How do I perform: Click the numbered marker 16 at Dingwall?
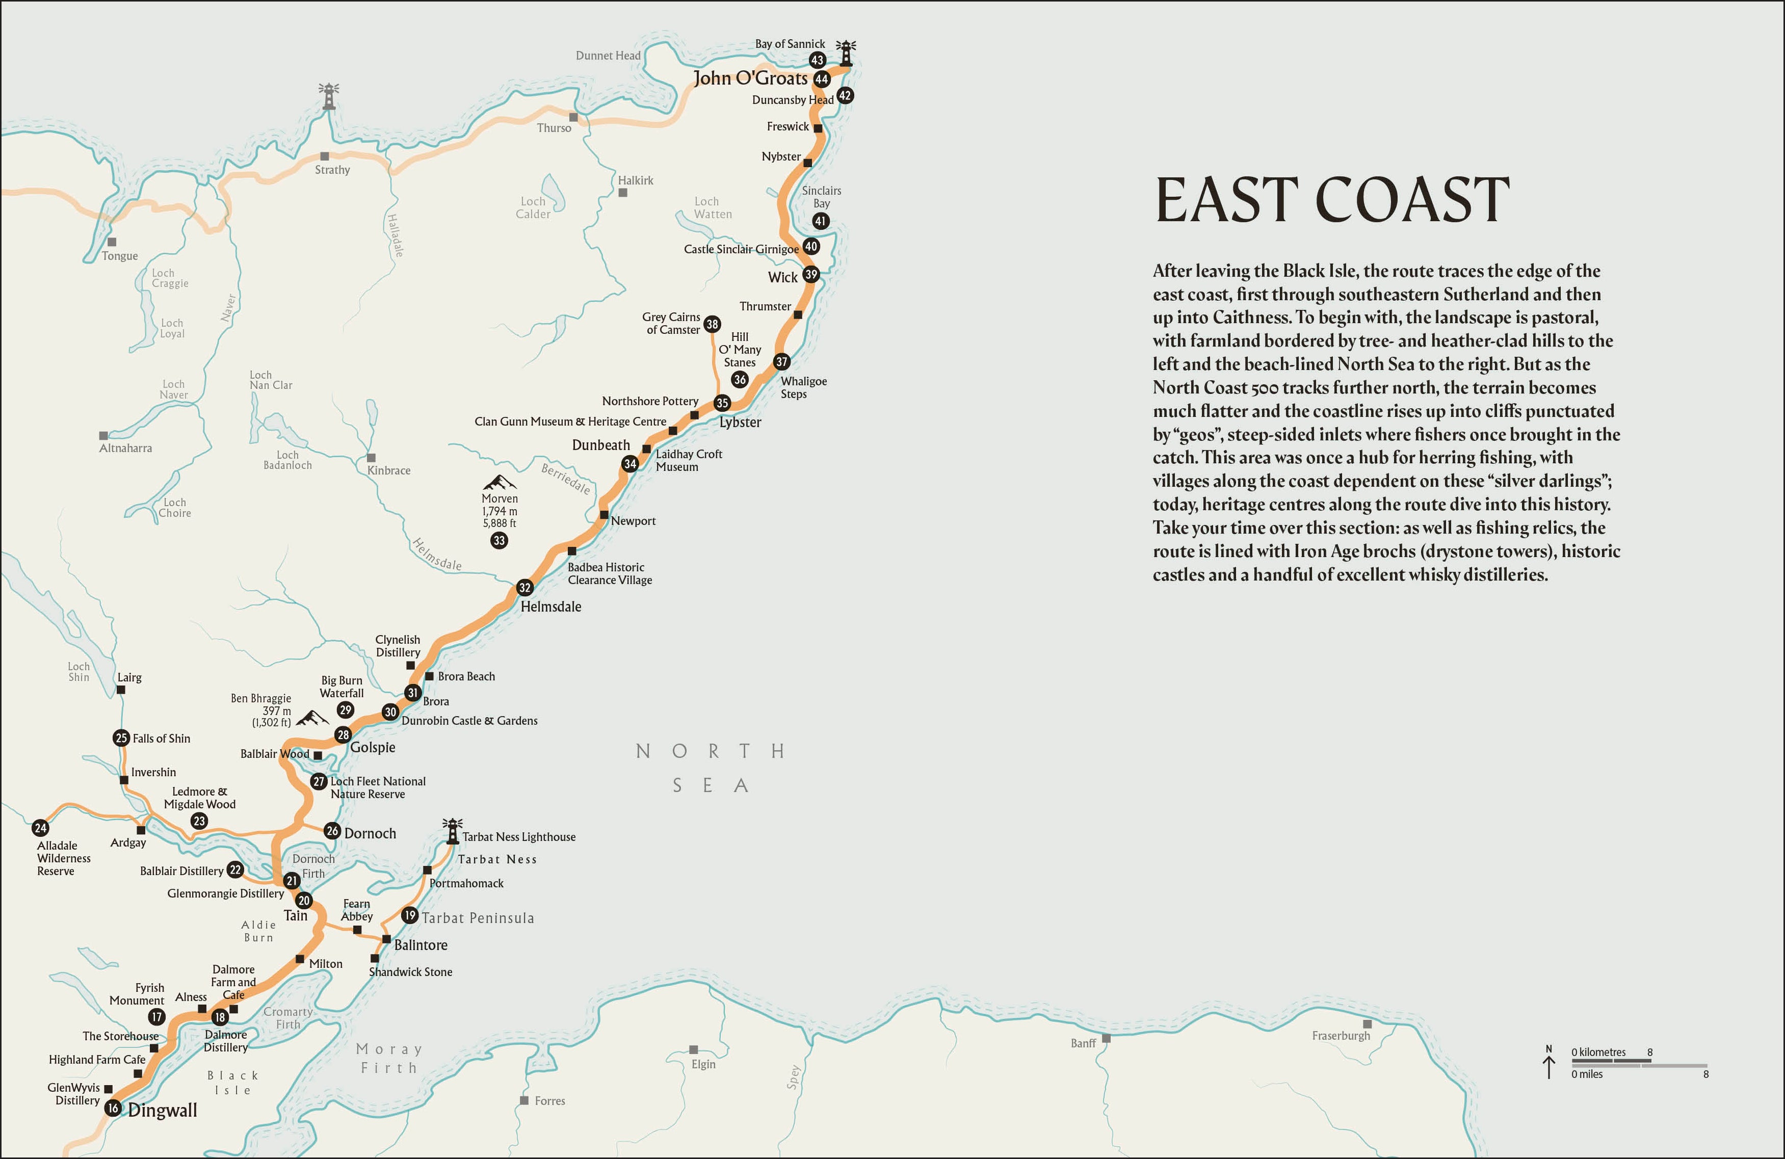tap(113, 1108)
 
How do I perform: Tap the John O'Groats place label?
tap(750, 78)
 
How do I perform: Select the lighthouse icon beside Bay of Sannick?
tap(846, 52)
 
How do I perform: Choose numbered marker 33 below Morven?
tap(498, 540)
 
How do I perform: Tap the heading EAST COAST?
tap(1332, 200)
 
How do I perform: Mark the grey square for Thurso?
tap(573, 117)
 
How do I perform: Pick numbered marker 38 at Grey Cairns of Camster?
tap(712, 324)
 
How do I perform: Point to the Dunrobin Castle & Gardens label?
tap(469, 721)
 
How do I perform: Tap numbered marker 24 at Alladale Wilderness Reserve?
tap(40, 828)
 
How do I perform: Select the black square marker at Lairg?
tap(121, 690)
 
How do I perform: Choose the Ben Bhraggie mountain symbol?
tap(312, 719)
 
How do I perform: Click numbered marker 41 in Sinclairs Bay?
tap(821, 221)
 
